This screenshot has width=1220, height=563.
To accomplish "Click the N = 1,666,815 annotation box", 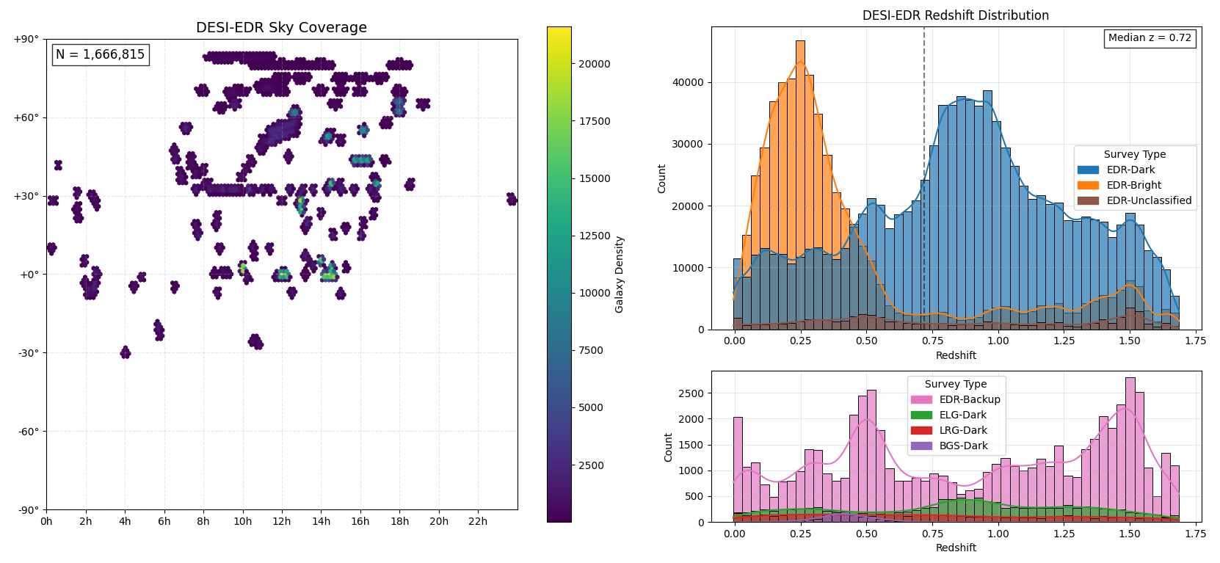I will tap(100, 54).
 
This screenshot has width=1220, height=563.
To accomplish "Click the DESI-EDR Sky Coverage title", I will tap(281, 28).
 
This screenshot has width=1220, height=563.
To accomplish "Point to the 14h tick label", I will tap(321, 521).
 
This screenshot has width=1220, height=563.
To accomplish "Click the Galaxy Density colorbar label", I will tap(620, 274).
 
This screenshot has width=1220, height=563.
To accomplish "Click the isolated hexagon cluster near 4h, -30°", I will tap(126, 352).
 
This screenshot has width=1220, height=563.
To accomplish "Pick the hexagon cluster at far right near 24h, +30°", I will tap(512, 199).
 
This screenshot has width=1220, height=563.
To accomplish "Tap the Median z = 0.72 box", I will tap(1150, 38).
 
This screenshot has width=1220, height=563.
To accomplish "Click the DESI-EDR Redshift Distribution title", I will tap(955, 15).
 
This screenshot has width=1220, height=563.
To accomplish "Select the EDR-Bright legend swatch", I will tap(1088, 185).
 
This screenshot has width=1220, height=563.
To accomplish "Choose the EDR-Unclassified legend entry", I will tap(1149, 200).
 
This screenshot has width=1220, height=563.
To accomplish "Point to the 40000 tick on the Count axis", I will tap(689, 82).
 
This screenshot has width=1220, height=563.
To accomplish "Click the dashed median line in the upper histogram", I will tap(924, 184).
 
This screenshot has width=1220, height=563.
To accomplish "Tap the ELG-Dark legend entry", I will tap(962, 415).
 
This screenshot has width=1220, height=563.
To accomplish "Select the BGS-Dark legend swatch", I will tap(921, 446).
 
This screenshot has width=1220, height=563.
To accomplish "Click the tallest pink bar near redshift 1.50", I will tap(1130, 448).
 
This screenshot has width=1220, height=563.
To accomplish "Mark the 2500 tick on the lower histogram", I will tap(691, 393).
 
